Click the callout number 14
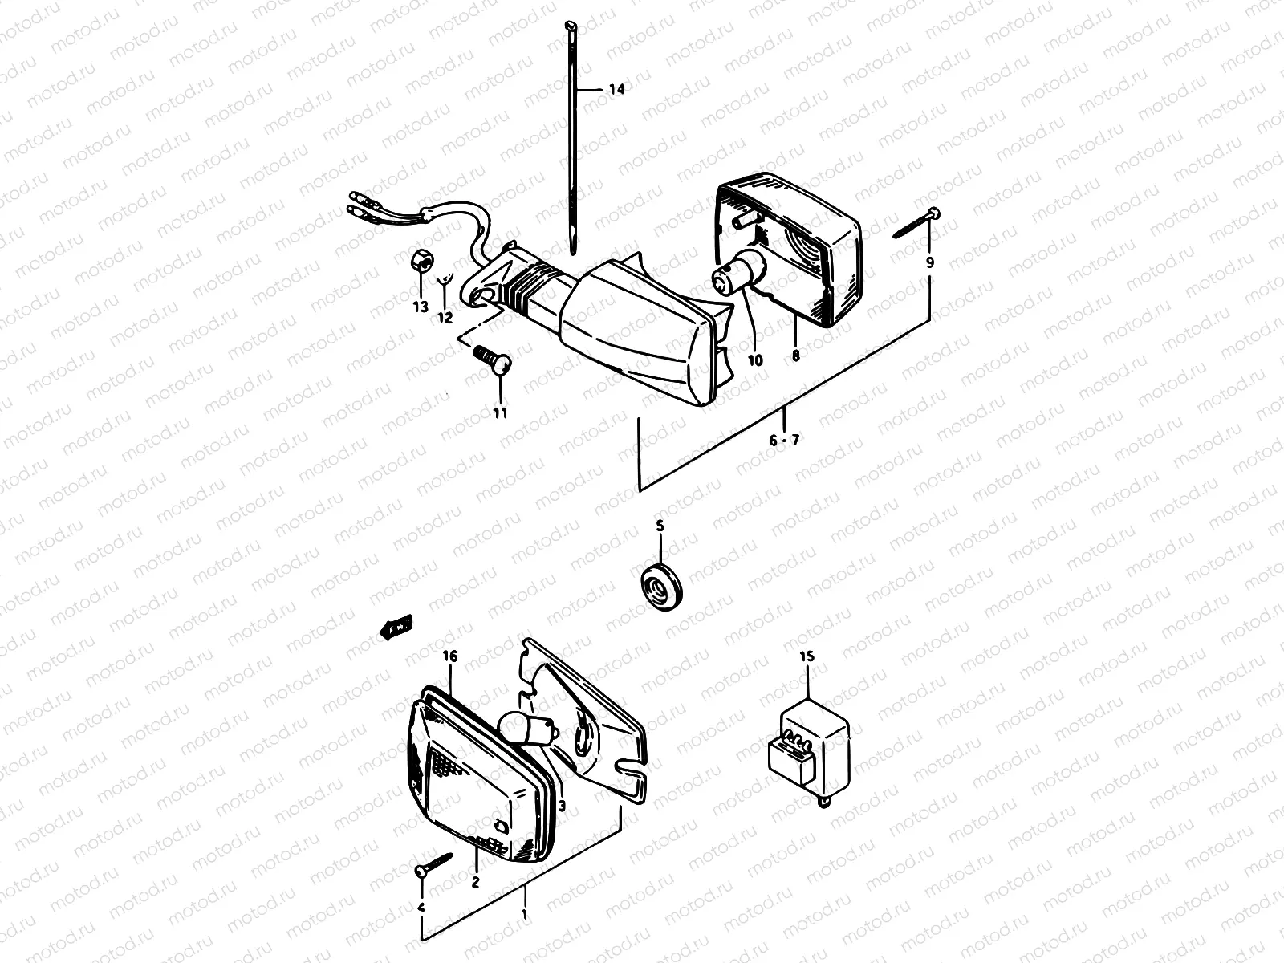pyautogui.click(x=616, y=90)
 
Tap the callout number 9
pyautogui.click(x=930, y=262)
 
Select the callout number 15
pyautogui.click(x=807, y=656)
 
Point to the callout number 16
pyautogui.click(x=449, y=656)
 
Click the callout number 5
pyautogui.click(x=660, y=526)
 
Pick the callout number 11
pyautogui.click(x=501, y=413)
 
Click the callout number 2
pyautogui.click(x=475, y=882)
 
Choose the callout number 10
pyautogui.click(x=754, y=360)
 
